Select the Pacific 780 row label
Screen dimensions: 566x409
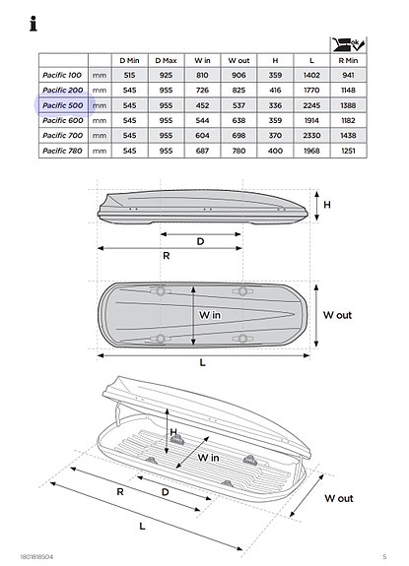(x=62, y=151)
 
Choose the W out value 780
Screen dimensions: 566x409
(x=238, y=151)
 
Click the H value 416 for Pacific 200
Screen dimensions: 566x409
(x=275, y=90)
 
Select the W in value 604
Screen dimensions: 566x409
(x=202, y=135)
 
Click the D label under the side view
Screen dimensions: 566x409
(x=201, y=241)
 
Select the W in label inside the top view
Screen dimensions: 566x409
(x=209, y=315)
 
